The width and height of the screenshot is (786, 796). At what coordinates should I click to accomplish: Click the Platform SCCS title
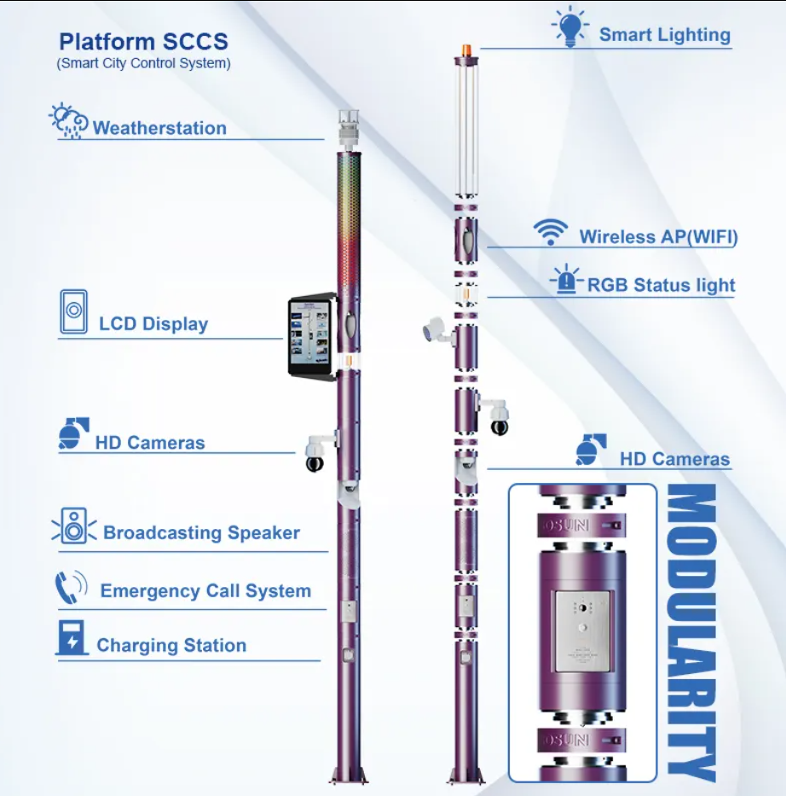tap(143, 42)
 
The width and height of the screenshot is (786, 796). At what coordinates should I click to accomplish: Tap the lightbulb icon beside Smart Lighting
tap(570, 26)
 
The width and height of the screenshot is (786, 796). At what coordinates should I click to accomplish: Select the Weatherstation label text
tap(159, 128)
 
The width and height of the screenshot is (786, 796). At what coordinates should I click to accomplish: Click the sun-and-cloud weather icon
tap(68, 121)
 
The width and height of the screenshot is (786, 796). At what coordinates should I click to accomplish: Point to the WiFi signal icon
tap(550, 233)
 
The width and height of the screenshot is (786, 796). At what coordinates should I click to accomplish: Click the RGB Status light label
tap(662, 285)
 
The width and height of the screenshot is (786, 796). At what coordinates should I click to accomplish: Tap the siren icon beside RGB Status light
tap(566, 279)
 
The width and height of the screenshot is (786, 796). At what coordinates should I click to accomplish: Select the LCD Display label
tap(153, 324)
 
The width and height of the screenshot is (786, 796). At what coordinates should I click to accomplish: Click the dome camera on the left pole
tap(315, 455)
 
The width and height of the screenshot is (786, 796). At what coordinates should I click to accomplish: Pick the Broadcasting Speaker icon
tap(74, 526)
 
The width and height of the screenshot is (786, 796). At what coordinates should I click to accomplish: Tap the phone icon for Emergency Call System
tap(71, 587)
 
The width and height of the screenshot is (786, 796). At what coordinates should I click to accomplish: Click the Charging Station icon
tap(71, 637)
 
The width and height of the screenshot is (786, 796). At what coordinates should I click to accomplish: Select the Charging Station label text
tap(171, 645)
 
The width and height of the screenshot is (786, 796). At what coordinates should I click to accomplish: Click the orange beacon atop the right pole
tap(466, 50)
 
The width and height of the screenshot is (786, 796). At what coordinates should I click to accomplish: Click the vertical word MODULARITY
tap(691, 632)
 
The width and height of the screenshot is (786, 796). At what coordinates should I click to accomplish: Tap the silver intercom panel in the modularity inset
tap(582, 631)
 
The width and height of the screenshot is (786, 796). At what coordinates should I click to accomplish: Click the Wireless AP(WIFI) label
tap(658, 237)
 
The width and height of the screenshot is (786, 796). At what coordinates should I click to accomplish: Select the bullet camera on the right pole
tap(438, 331)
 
